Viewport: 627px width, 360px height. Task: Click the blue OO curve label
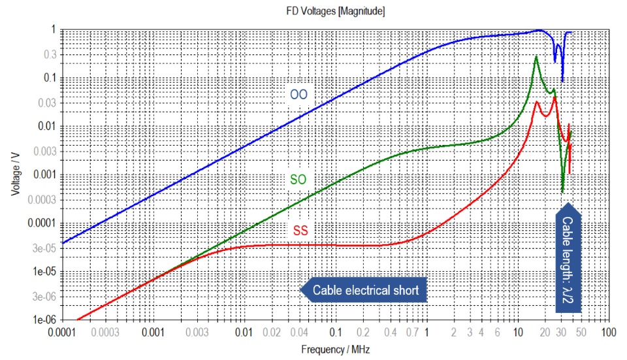pos(298,95)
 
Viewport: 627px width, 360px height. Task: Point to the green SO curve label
pos(298,178)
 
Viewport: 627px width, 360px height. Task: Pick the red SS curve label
pos(300,230)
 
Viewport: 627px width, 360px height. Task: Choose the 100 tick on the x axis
pos(608,332)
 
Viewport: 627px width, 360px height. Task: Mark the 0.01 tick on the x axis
pos(244,332)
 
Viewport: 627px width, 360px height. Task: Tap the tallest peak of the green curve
pos(536,56)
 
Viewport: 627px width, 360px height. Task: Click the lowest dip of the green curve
pos(562,193)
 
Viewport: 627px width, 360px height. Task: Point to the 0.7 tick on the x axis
pos(412,332)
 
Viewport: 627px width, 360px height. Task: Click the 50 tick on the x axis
pos(581,332)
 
